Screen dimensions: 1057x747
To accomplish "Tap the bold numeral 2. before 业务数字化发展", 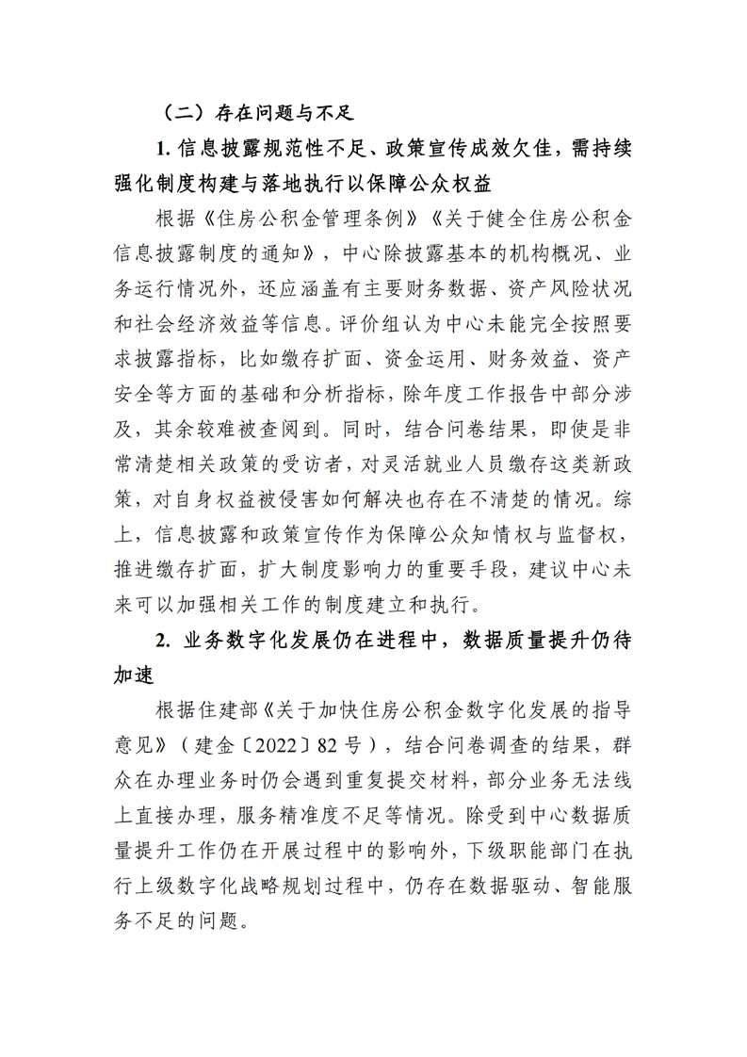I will [x=163, y=640].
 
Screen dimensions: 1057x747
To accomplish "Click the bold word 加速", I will [x=134, y=675].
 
